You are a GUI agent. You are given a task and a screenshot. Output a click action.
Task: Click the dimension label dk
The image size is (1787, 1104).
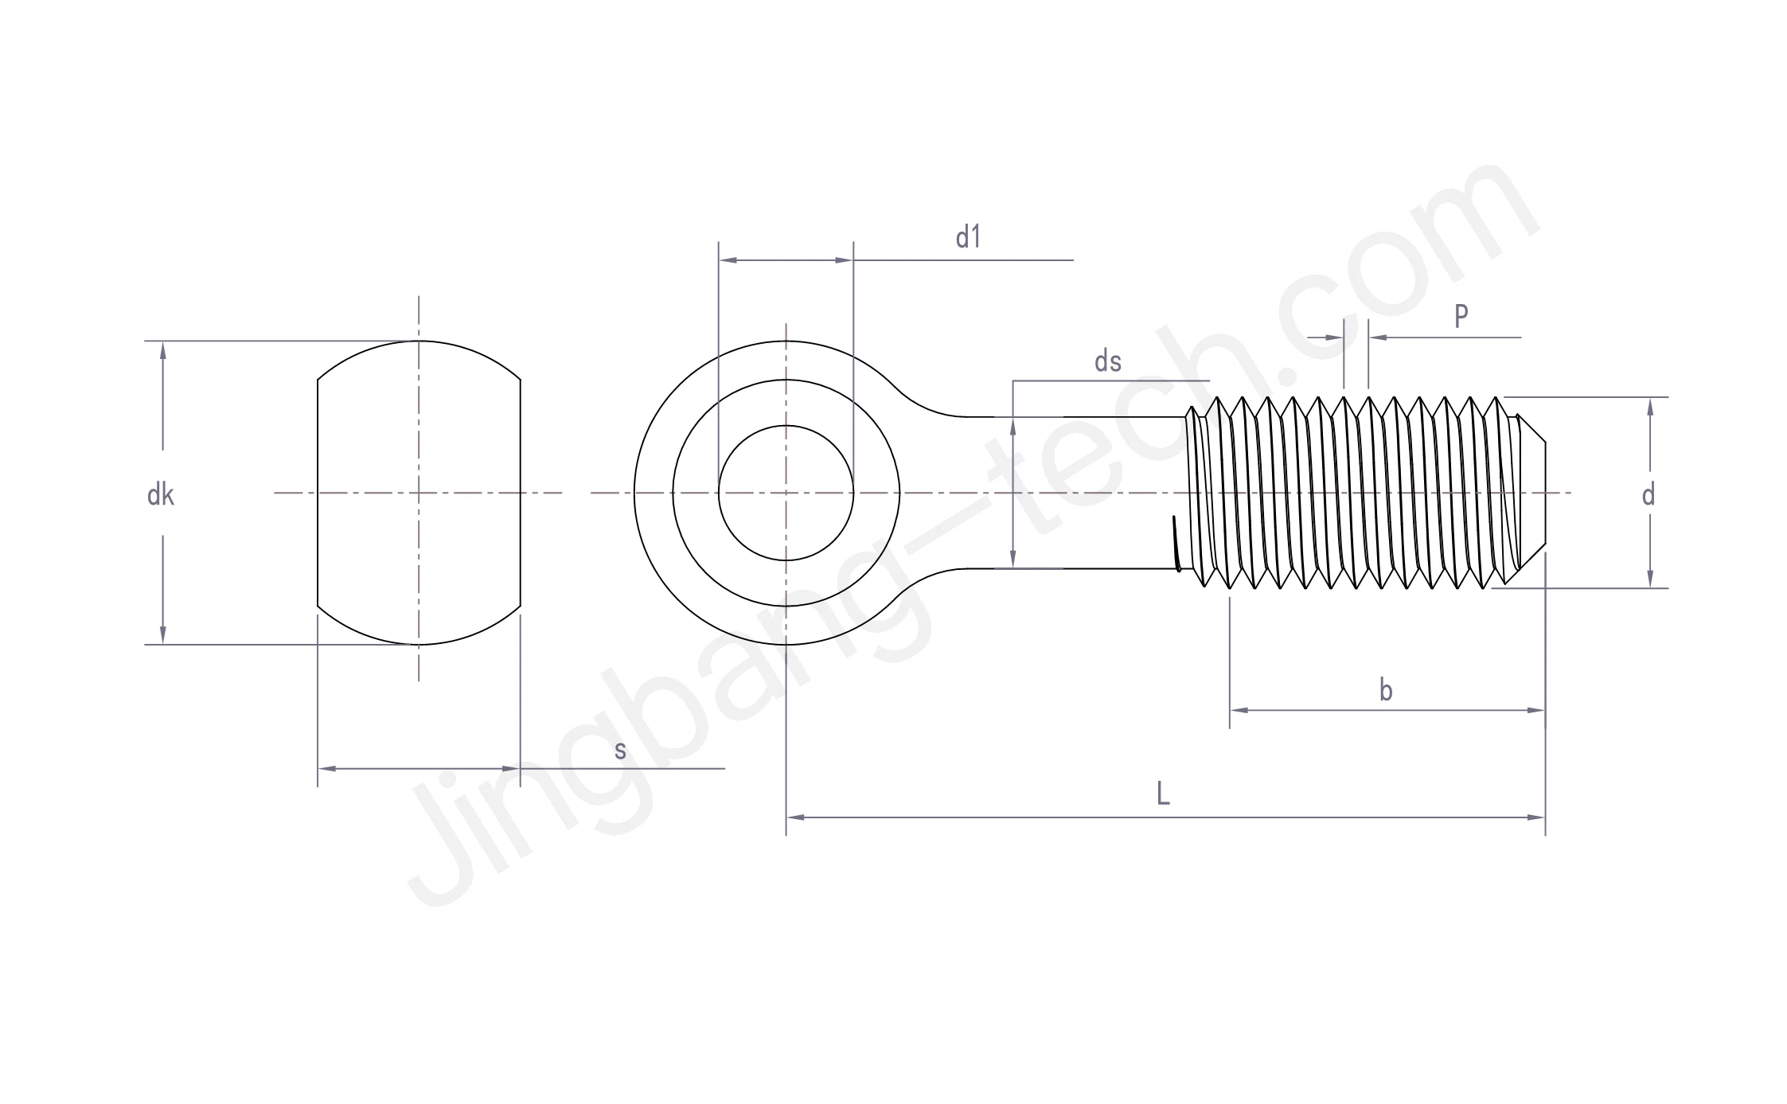[160, 496]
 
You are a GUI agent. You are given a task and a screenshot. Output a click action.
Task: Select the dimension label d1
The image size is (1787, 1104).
[968, 237]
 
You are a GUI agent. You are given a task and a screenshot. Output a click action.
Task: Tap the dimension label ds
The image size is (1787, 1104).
[1107, 362]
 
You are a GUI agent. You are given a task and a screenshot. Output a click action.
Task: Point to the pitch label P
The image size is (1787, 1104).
[1461, 317]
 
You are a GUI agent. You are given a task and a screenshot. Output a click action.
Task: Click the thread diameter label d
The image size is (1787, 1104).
[1648, 496]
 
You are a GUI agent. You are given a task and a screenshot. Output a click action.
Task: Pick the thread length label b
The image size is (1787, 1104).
[1386, 691]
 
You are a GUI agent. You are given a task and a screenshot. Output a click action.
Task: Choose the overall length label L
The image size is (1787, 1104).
[1163, 794]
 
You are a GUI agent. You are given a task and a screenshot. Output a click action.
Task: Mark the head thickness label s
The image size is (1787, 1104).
[620, 750]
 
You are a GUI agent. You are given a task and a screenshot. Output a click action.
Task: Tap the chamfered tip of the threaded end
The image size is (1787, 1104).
[1532, 493]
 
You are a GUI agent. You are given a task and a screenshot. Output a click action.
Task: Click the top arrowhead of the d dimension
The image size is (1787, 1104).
[1650, 407]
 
